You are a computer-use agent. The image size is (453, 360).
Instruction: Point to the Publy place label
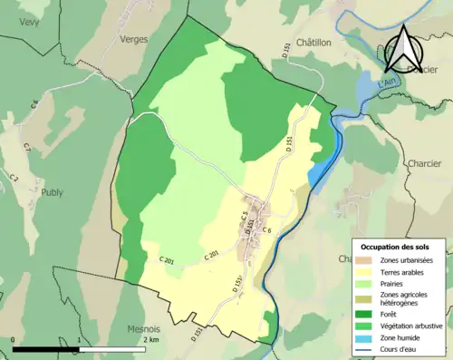tap(52, 192)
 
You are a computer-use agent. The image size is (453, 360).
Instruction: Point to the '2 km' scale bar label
tap(150, 339)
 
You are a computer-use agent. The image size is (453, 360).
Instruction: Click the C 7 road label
tap(26, 146)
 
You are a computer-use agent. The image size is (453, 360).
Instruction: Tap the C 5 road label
tap(244, 217)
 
